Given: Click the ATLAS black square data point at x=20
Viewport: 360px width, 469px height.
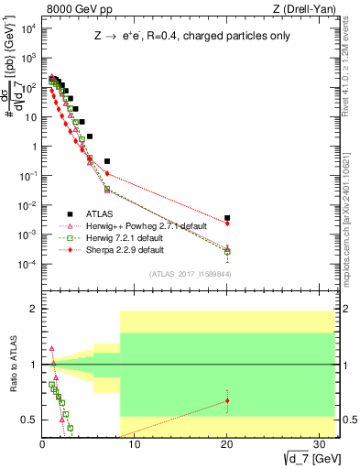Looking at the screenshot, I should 227,218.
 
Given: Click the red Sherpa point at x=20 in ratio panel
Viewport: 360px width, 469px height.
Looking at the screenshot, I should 227,400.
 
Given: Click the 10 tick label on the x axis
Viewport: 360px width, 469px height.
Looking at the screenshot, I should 135,445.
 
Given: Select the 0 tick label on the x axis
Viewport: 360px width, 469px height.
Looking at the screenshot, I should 42,445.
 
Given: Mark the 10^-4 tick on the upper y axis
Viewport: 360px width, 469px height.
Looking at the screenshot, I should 27,264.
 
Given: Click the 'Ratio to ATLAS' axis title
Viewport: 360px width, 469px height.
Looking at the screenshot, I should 11,365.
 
